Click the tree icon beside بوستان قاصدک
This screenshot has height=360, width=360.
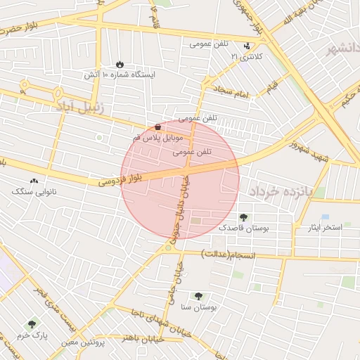tap(243, 218)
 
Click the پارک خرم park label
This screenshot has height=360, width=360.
tap(33, 336)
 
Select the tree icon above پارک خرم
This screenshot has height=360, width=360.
tap(31, 325)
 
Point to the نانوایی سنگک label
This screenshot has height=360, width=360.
tap(34, 191)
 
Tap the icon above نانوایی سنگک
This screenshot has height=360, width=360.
tap(34, 181)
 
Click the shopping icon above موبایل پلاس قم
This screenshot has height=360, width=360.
tap(157, 127)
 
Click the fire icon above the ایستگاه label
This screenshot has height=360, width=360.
tap(119, 63)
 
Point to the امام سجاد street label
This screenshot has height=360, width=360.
tap(233, 91)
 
